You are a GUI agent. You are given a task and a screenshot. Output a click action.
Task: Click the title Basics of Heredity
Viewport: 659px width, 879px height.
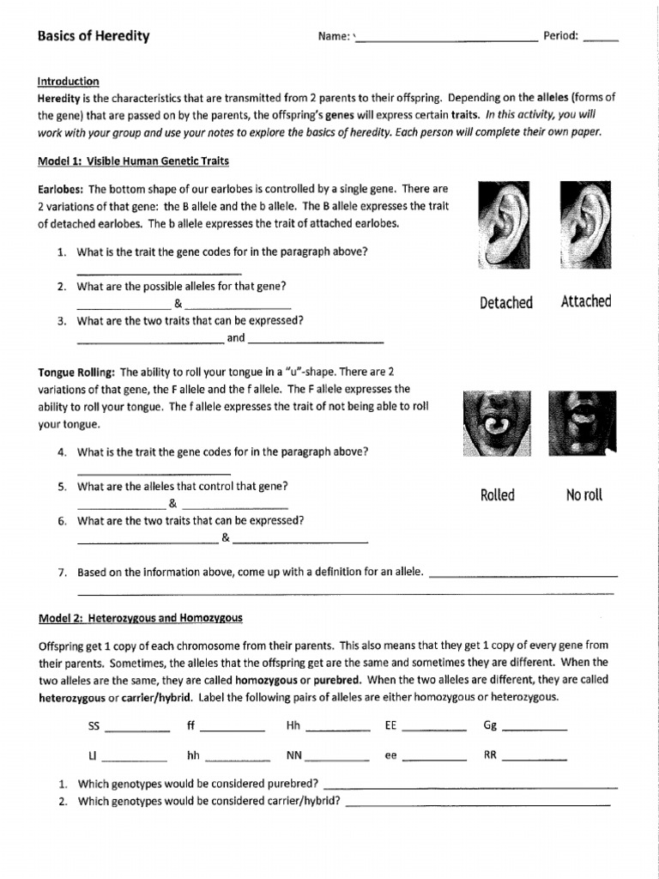coord(94,36)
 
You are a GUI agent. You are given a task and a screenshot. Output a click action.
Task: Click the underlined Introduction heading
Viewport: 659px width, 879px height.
coord(69,82)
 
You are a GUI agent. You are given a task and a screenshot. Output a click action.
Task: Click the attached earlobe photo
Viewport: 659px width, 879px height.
coord(584,225)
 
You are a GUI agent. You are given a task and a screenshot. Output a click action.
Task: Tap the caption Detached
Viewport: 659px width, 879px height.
coord(506,302)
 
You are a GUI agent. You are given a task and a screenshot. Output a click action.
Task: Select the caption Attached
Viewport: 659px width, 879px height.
coord(586,301)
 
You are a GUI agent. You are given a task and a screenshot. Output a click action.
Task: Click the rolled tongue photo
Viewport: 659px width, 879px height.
coord(496,423)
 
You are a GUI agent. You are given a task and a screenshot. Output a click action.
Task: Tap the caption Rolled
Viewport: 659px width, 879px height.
coord(498,495)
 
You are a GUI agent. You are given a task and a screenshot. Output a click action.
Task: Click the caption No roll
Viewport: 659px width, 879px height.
coord(584,495)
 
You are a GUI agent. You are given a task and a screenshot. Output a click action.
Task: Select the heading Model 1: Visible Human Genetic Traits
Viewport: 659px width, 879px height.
coord(133,161)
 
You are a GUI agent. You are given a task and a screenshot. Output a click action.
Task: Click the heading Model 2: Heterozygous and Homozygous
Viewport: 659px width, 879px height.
coord(141,618)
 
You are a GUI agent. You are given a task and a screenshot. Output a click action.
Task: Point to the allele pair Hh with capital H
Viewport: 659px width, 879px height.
coord(293,725)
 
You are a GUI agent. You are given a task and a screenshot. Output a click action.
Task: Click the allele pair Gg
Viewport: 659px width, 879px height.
coord(490,725)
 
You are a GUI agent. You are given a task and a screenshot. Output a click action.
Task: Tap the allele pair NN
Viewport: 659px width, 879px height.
coord(293,756)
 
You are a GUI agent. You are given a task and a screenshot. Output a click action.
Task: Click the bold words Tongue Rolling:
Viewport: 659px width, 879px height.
coord(76,373)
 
